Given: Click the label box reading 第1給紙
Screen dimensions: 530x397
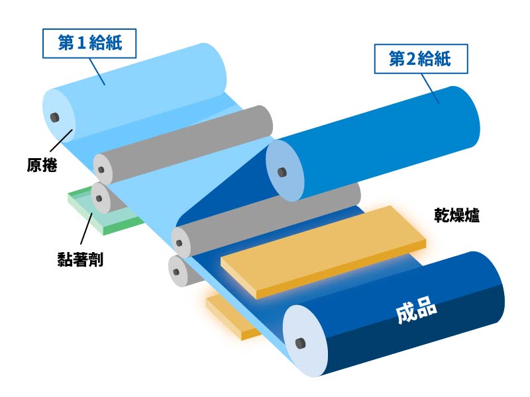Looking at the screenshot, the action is (89, 43).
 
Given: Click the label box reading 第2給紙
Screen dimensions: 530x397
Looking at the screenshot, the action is (421, 59).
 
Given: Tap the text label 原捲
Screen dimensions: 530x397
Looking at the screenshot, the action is (42, 165).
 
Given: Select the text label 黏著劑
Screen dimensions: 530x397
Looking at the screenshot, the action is (80, 259).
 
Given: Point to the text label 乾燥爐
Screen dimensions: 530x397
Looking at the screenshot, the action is (456, 215).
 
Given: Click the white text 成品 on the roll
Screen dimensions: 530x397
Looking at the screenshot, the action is (416, 310).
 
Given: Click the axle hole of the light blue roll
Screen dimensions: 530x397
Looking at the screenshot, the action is (55, 118).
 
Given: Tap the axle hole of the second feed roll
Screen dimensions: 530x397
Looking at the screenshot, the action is (282, 172).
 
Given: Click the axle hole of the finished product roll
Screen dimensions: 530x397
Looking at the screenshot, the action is (301, 343).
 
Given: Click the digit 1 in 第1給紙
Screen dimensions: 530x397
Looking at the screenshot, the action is (81, 43).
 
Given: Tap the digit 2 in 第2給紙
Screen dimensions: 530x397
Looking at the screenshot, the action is (410, 59).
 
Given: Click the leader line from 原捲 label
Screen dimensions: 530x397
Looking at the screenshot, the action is (62, 140).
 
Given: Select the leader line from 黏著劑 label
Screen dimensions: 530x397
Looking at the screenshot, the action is (87, 228).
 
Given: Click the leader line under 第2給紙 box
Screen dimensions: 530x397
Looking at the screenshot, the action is (430, 89).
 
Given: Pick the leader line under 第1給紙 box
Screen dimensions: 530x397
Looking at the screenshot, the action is (97, 71).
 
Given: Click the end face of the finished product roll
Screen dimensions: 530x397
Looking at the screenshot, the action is (305, 341).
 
